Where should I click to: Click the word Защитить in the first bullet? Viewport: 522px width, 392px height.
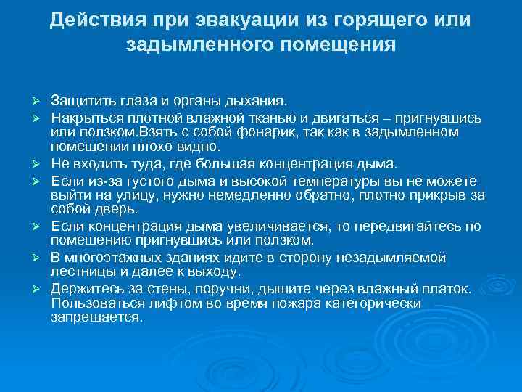[82, 100]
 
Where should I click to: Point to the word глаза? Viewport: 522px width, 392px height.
[138, 100]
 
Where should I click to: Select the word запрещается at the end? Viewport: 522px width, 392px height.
[97, 317]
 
